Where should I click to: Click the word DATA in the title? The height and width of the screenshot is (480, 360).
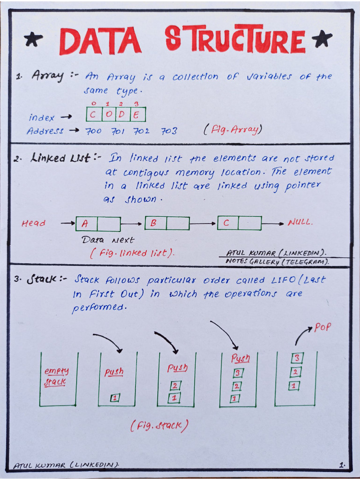coord(100,42)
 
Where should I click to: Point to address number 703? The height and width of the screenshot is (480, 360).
coord(169,131)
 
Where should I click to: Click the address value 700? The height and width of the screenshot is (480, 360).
coord(93,131)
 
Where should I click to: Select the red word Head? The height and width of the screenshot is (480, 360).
coord(34,224)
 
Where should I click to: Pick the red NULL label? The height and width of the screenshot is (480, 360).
coord(300,222)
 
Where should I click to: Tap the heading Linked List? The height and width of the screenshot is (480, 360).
coord(60,158)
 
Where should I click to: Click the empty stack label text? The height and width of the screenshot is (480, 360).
coord(56,376)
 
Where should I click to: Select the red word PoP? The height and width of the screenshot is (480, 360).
coord(322,327)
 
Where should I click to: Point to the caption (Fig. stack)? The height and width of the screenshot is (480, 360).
coord(159,426)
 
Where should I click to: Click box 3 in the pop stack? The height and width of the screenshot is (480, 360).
coord(296,359)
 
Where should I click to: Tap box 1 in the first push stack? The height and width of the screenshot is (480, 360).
coord(115,398)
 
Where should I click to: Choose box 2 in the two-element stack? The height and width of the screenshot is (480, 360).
coord(175,386)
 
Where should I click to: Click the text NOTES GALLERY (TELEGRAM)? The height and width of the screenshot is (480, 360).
coord(277,262)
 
